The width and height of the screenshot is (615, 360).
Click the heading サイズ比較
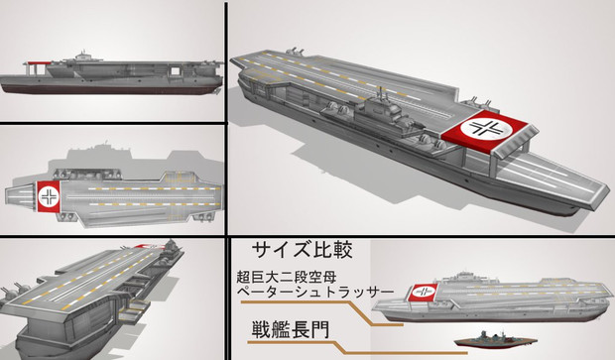pyautogui.click(x=302, y=249)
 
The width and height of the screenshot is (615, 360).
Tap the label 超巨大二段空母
pyautogui.click(x=287, y=278)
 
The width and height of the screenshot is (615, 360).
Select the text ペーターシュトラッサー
pyautogui.click(x=315, y=292)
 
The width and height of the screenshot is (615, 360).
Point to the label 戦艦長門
pyautogui.click(x=290, y=330)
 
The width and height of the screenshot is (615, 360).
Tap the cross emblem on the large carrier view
pyautogui.click(x=486, y=127)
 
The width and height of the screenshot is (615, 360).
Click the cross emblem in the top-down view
pyautogui.click(x=49, y=196)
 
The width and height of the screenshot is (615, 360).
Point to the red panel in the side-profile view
pyautogui.click(x=39, y=62)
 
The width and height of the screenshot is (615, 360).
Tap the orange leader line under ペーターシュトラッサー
pyautogui.click(x=321, y=312)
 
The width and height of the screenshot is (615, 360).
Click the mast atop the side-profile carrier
pyautogui.click(x=82, y=53)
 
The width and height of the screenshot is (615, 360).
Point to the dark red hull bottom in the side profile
pyautogui.click(x=110, y=90)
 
